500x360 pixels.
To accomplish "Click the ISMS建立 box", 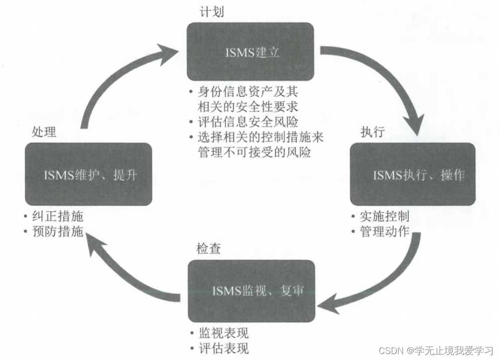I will pyautogui.click(x=250, y=52).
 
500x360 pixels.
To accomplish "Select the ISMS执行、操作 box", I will pyautogui.click(x=413, y=174).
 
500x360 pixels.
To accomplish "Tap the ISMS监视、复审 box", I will pyautogui.click(x=250, y=290).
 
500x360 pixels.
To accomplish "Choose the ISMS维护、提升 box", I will pyautogui.click(x=88, y=174).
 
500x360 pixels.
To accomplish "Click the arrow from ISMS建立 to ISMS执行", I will pyautogui.click(x=393, y=79).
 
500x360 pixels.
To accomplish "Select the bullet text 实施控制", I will pyautogui.click(x=385, y=216).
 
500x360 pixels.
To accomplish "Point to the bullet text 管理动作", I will pyautogui.click(x=385, y=231).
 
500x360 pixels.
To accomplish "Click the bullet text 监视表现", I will pyautogui.click(x=224, y=333).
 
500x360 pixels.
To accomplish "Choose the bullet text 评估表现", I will pyautogui.click(x=224, y=348).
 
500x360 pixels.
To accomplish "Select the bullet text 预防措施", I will pyautogui.click(x=59, y=231).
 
